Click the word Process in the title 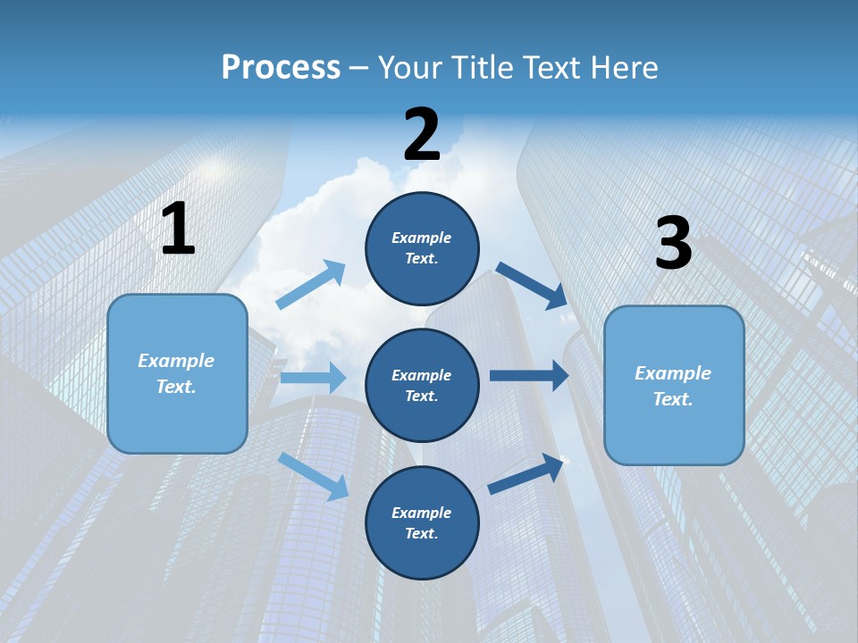[x=281, y=68]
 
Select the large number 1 [x=178, y=230]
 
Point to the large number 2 [x=422, y=135]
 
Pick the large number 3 [x=673, y=244]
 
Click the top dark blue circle [x=422, y=247]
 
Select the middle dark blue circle [x=422, y=385]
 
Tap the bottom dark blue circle [x=422, y=522]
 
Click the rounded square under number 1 [x=177, y=373]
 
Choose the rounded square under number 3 [x=674, y=385]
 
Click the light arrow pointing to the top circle [x=311, y=285]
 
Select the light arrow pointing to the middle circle [x=313, y=378]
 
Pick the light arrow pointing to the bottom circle [x=314, y=475]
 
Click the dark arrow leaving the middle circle [x=528, y=375]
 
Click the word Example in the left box [x=176, y=361]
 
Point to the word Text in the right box [x=672, y=399]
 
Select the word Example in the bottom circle [x=422, y=513]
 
